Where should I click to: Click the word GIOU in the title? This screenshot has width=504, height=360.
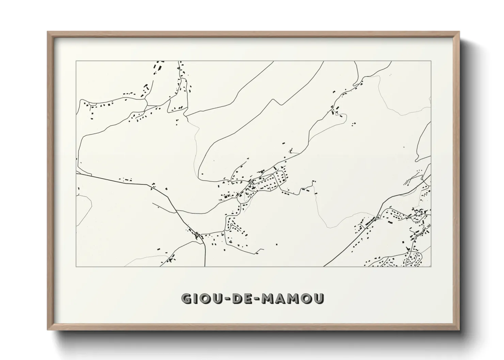pos(202,298)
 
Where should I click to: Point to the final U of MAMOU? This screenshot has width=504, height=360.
pos(319,298)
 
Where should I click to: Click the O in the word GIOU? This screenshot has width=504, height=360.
pos(204,298)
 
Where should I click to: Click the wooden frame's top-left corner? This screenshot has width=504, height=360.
pos(48,32)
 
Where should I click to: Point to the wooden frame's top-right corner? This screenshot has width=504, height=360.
pos(459,32)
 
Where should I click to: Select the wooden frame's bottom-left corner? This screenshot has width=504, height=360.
pos(48,329)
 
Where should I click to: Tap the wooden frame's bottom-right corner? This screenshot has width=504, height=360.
pos(459,329)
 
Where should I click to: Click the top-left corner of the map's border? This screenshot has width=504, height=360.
pos(76,61)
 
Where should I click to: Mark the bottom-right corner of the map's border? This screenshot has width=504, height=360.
pos(431,266)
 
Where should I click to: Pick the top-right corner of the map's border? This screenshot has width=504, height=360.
pos(431,61)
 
